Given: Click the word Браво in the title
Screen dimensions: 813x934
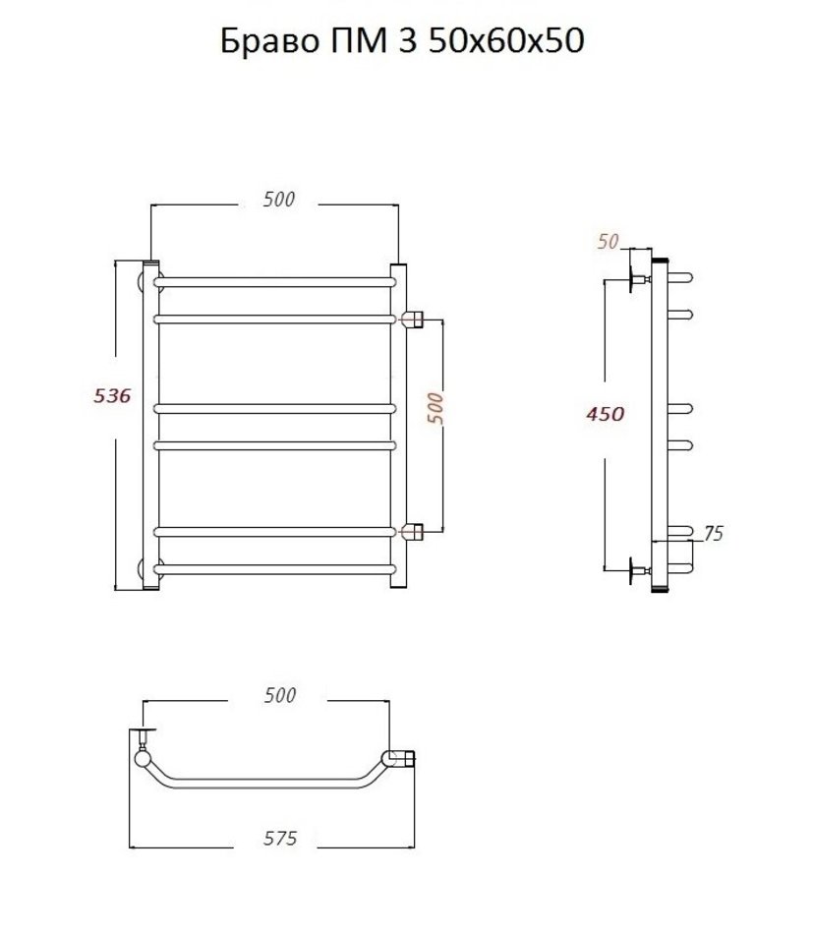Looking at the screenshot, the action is pyautogui.click(x=269, y=41).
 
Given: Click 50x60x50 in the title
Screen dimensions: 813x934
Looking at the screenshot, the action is pyautogui.click(x=505, y=41).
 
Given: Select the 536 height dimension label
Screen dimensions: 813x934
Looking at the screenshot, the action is pyautogui.click(x=112, y=395).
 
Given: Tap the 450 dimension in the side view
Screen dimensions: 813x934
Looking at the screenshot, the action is pyautogui.click(x=606, y=414).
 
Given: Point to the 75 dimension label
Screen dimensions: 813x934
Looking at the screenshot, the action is pyautogui.click(x=714, y=534).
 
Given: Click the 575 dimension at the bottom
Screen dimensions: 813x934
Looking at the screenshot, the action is pyautogui.click(x=280, y=838).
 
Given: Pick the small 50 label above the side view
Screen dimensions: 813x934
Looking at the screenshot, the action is pyautogui.click(x=609, y=241).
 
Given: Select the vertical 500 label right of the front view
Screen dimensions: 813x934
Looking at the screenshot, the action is pyautogui.click(x=436, y=408).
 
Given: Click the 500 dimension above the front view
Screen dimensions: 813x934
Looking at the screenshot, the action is pyautogui.click(x=279, y=199).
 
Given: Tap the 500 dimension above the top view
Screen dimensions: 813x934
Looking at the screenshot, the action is pyautogui.click(x=280, y=695).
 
